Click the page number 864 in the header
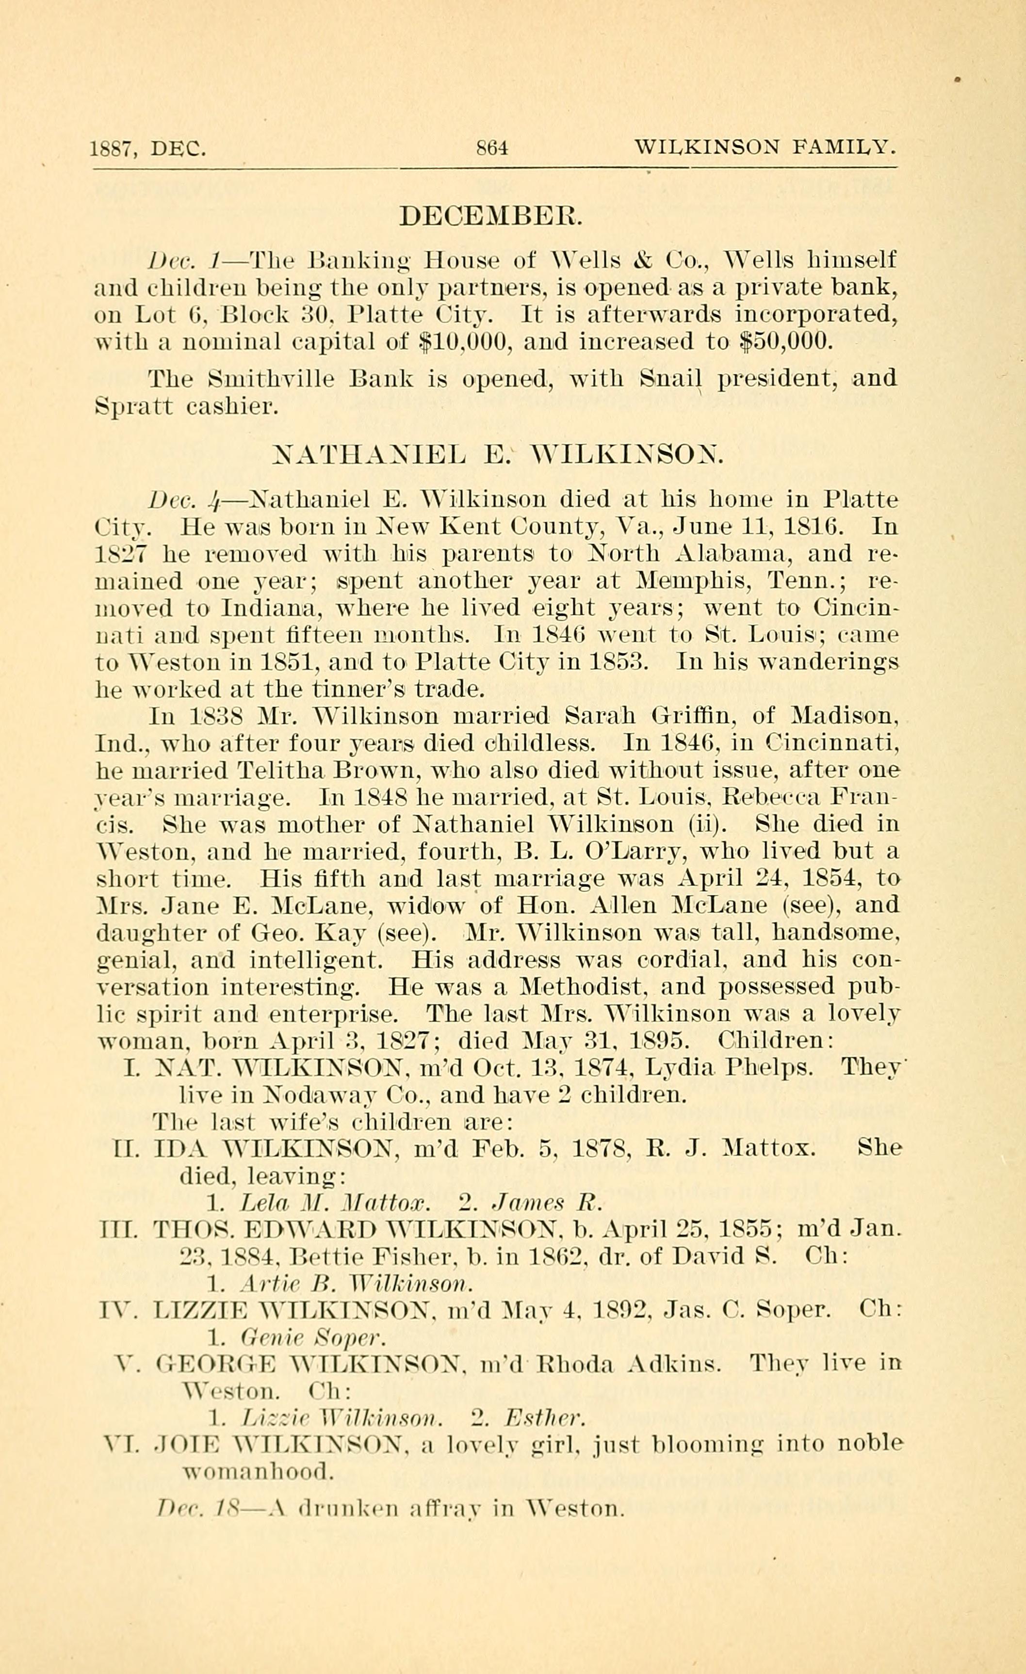coord(492,147)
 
